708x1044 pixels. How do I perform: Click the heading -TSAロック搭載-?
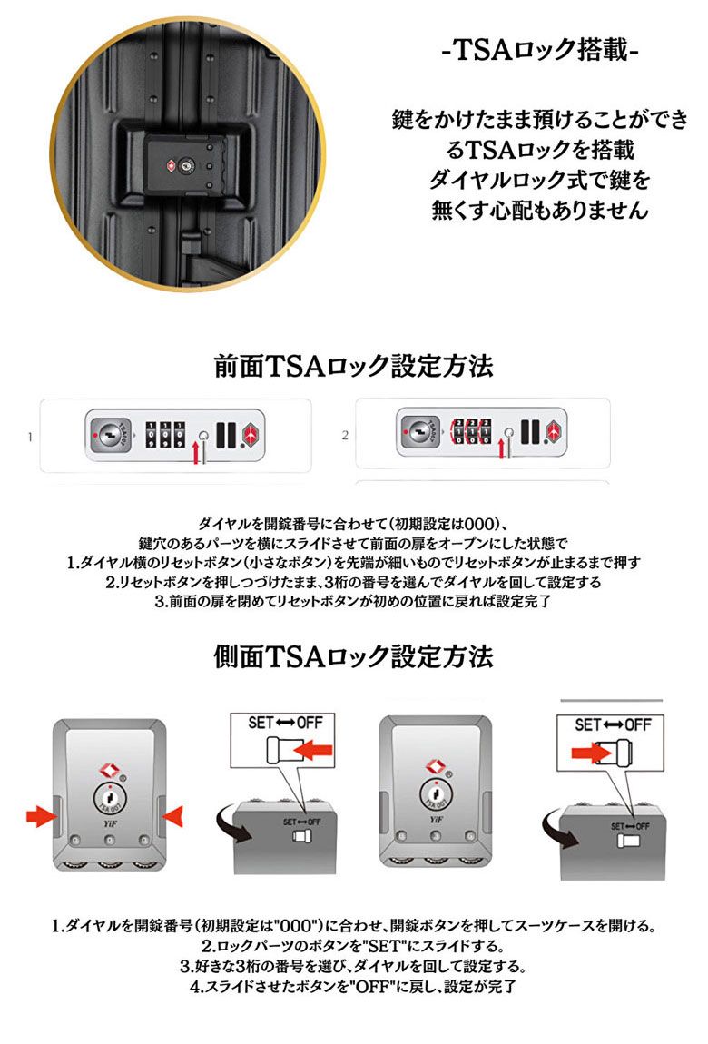coord(540,49)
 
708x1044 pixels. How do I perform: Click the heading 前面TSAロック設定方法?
coord(353,366)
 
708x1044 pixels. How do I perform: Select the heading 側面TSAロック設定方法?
coord(353,655)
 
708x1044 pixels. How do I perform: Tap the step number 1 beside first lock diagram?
coord(30,438)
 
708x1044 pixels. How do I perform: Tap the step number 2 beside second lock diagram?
coord(345,436)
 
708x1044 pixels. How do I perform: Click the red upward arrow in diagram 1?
coord(196,451)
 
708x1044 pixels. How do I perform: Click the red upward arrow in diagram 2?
coord(501,448)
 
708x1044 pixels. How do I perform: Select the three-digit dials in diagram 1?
coord(165,434)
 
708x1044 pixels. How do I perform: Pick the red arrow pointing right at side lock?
coord(39,815)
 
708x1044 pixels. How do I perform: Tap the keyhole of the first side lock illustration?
coord(110,795)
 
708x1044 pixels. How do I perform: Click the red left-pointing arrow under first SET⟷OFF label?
coord(313,751)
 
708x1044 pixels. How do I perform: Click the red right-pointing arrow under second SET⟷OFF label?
coord(591,753)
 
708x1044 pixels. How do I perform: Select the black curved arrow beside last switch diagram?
coord(560,830)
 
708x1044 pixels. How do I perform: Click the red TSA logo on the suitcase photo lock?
coord(170,164)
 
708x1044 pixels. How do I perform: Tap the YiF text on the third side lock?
coord(436,820)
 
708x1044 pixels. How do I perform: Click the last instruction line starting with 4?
coord(353,986)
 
